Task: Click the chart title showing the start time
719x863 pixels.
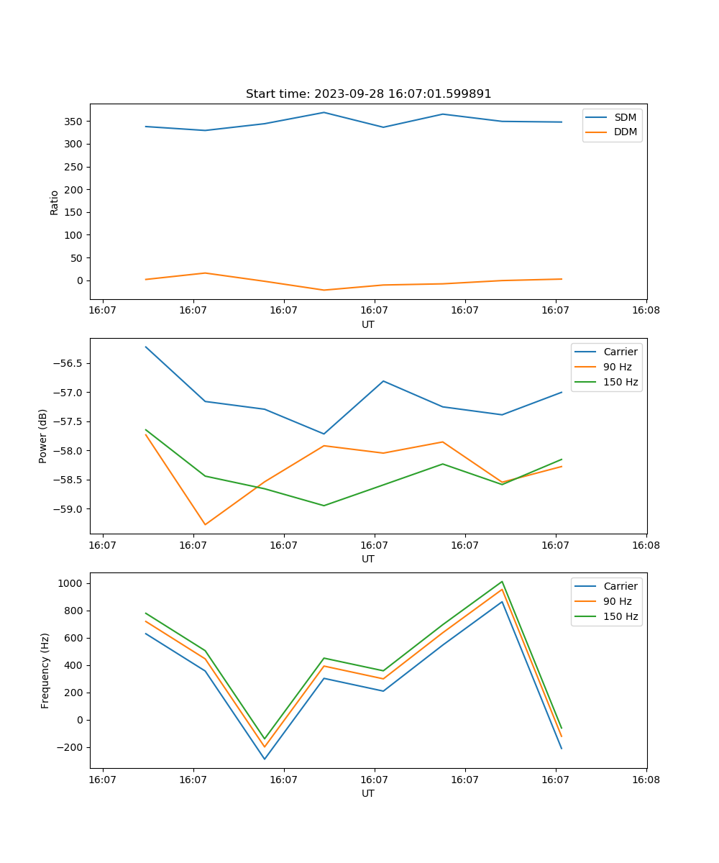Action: (x=368, y=94)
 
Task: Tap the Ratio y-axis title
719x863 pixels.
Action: (x=55, y=202)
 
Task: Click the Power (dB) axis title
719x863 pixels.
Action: (x=43, y=436)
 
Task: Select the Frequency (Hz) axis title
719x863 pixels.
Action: (x=45, y=670)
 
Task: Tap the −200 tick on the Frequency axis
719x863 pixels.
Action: (x=70, y=747)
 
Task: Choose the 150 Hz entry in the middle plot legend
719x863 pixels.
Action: (x=620, y=382)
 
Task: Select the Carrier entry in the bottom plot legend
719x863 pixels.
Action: (x=620, y=586)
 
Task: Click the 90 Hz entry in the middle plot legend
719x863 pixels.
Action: (x=618, y=367)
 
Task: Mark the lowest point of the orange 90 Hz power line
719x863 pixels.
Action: (x=205, y=524)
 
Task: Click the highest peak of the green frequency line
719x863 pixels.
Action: (x=502, y=582)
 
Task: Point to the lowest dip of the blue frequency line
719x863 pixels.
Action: (x=265, y=759)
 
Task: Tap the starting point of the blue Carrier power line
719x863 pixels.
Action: (x=146, y=347)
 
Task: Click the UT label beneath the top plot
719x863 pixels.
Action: (x=368, y=324)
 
